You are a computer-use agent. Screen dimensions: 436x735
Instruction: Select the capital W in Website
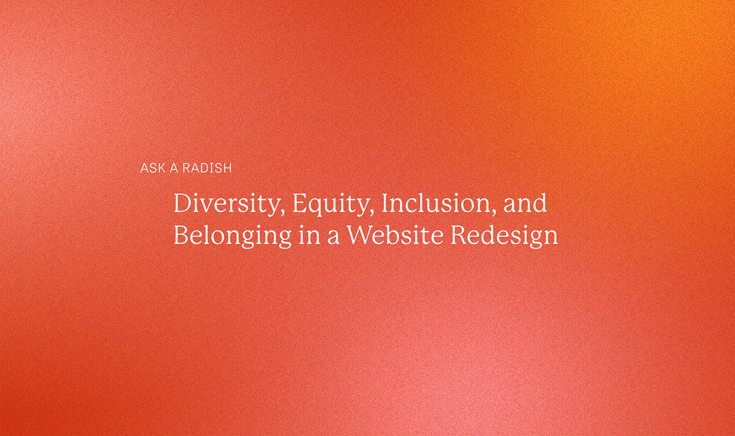tap(360, 235)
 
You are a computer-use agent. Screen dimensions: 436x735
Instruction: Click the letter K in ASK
tap(161, 168)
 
